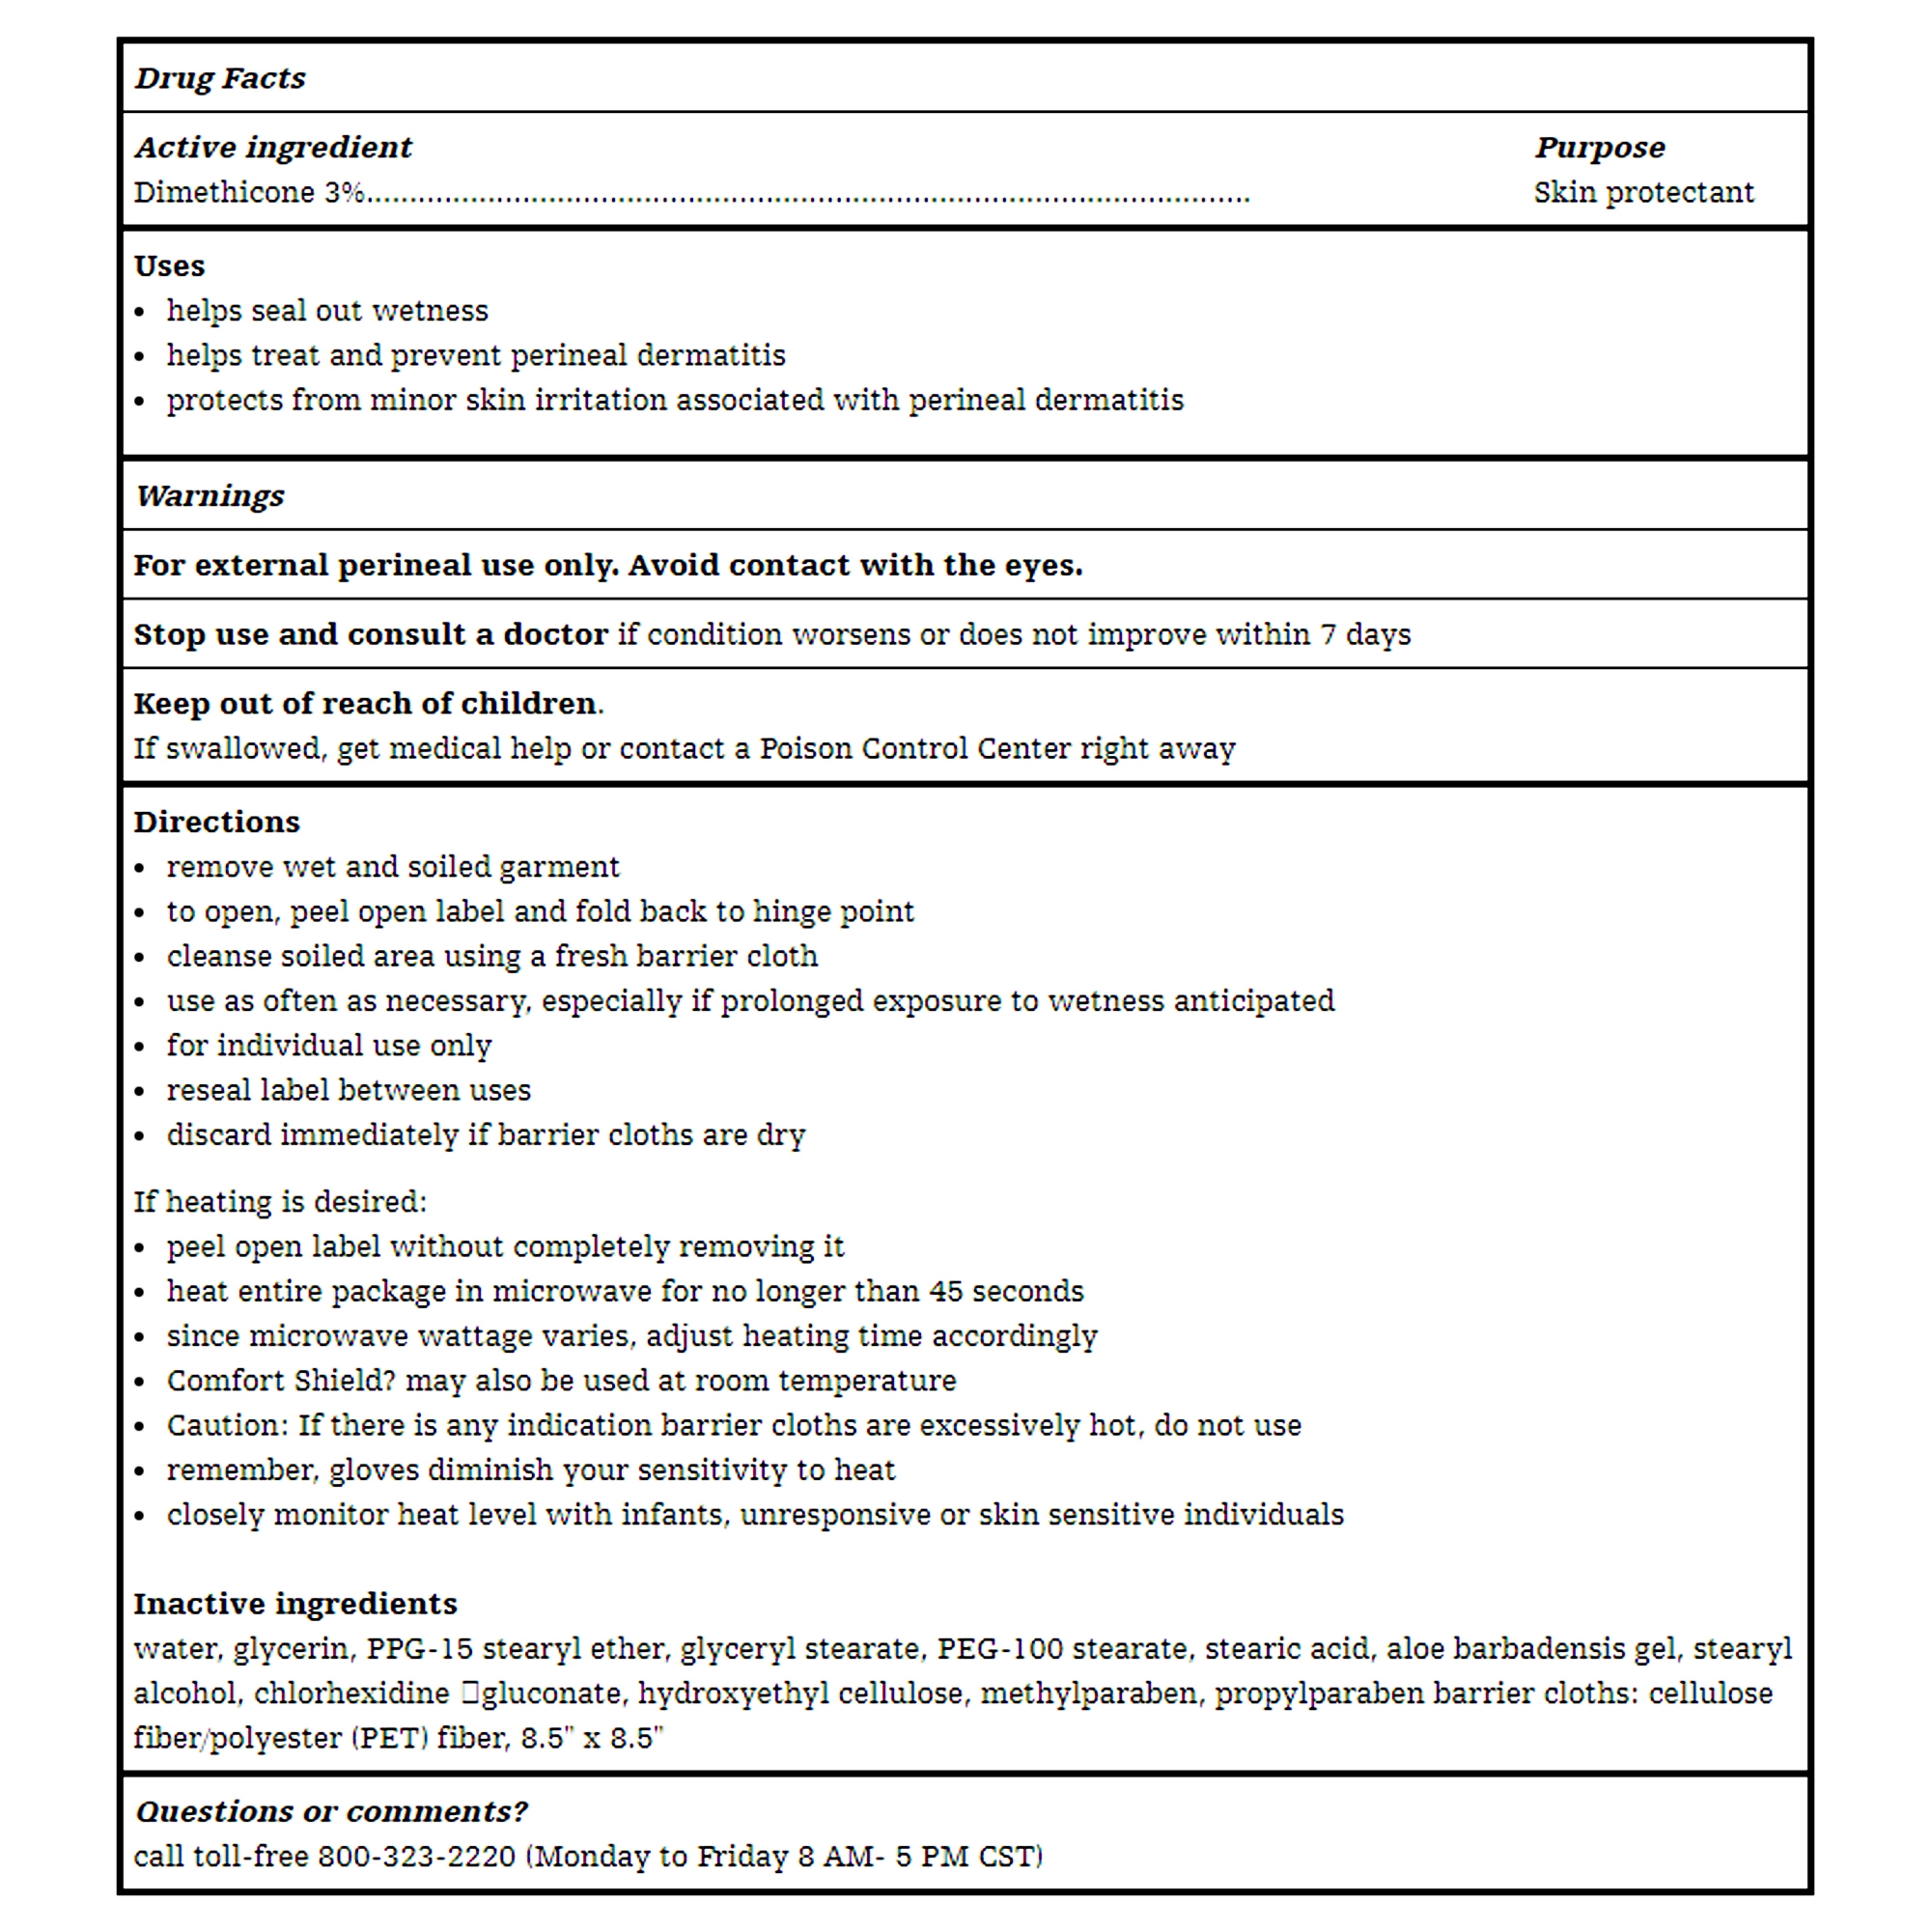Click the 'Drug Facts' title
tap(220, 78)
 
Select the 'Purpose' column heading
tap(1599, 148)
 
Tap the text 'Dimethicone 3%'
tap(249, 192)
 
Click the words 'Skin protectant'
tap(1643, 192)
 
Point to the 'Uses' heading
tap(169, 266)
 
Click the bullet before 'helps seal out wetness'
tap(140, 313)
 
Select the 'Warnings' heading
tap(210, 495)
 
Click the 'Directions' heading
tap(217, 822)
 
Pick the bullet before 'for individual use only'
tap(140, 1048)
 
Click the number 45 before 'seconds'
tap(945, 1291)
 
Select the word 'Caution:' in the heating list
tap(227, 1425)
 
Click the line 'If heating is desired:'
tap(280, 1201)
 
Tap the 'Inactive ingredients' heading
tap(294, 1604)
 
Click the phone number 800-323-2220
tap(416, 1857)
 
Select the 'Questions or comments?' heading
tap(331, 1811)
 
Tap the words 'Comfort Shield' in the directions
tap(275, 1382)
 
